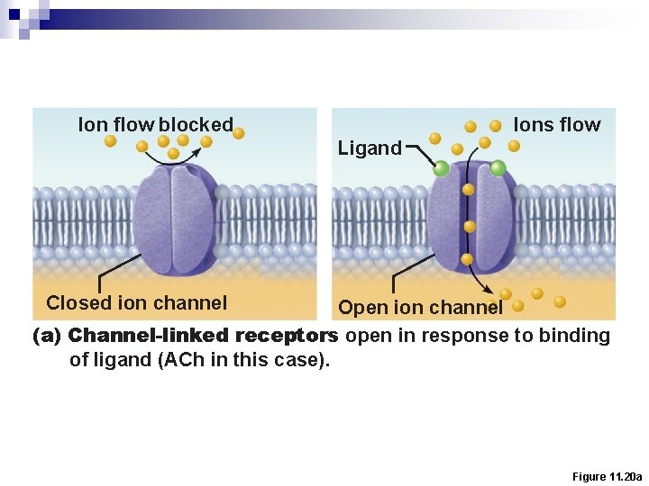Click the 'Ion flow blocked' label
pyautogui.click(x=155, y=125)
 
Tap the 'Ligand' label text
pyautogui.click(x=370, y=148)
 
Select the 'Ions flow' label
pyautogui.click(x=556, y=125)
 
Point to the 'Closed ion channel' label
pyautogui.click(x=136, y=303)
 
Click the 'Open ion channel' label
pyautogui.click(x=420, y=308)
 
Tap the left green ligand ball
pyautogui.click(x=441, y=168)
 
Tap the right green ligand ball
pyautogui.click(x=498, y=167)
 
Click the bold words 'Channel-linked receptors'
pyautogui.click(x=203, y=336)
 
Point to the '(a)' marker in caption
pyautogui.click(x=47, y=336)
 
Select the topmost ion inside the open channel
pyautogui.click(x=469, y=190)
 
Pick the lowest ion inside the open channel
pyautogui.click(x=467, y=259)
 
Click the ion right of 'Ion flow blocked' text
pyautogui.click(x=239, y=133)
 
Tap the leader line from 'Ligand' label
pyautogui.click(x=417, y=150)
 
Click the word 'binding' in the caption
pyautogui.click(x=574, y=336)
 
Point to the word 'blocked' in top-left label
pyautogui.click(x=196, y=125)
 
